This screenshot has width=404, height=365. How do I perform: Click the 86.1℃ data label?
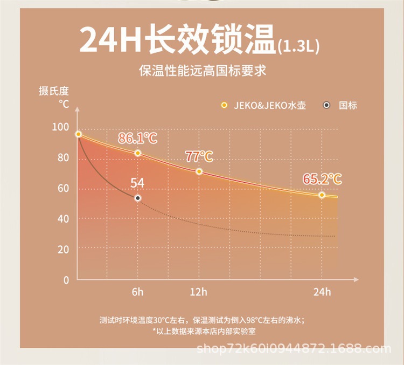(x=137, y=139)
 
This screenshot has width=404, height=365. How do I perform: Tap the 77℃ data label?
(x=199, y=157)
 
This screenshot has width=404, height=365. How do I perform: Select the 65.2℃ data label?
(x=322, y=179)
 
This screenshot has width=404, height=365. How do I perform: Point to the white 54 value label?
(x=137, y=183)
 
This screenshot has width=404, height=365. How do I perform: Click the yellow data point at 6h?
(x=138, y=153)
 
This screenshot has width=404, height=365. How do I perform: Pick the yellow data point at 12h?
(x=199, y=171)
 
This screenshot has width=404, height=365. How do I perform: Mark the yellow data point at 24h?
(x=322, y=195)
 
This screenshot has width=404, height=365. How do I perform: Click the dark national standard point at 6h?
(x=138, y=198)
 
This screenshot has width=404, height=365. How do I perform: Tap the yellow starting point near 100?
(x=79, y=134)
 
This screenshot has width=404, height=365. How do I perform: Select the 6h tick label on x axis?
(x=138, y=292)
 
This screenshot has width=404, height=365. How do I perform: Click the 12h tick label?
(x=198, y=292)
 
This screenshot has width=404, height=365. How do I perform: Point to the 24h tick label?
(x=322, y=292)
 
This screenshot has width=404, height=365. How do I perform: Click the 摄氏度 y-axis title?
(x=54, y=91)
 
